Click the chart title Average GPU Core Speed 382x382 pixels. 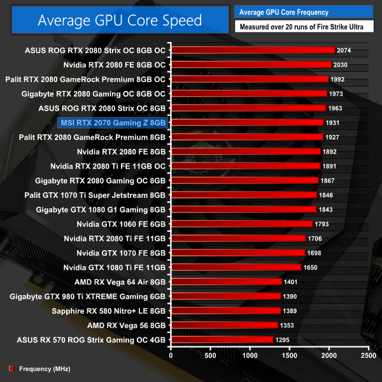tap(120, 20)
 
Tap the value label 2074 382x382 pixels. tap(344, 50)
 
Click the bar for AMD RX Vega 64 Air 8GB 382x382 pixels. tap(226, 281)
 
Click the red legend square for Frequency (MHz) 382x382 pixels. tap(11, 369)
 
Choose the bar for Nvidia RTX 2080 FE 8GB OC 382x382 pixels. tap(251, 64)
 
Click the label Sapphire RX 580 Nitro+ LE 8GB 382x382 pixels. tap(99, 311)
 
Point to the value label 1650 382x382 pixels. tap(328, 267)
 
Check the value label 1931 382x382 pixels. tap(334, 122)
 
